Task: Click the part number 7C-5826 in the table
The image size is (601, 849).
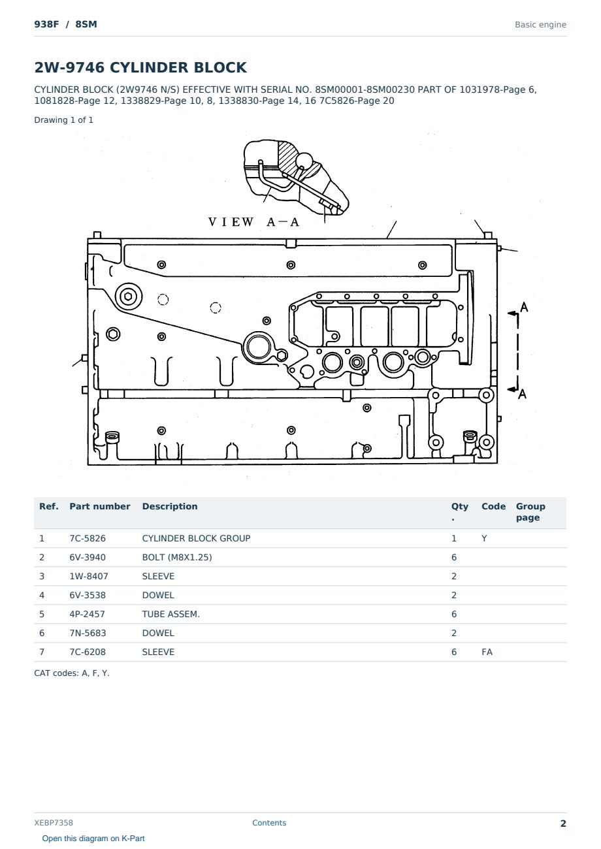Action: point(88,538)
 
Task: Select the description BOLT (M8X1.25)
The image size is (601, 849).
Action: point(176,557)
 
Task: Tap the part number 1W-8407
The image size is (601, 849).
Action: point(89,576)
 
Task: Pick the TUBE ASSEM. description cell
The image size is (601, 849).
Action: point(171,614)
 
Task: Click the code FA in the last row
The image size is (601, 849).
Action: point(487,652)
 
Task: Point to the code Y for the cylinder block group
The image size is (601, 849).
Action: point(484,538)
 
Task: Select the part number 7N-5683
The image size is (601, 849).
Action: point(88,633)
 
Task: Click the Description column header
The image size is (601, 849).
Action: point(169,506)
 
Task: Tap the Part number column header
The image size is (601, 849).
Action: point(100,506)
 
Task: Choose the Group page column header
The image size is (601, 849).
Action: point(530,511)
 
